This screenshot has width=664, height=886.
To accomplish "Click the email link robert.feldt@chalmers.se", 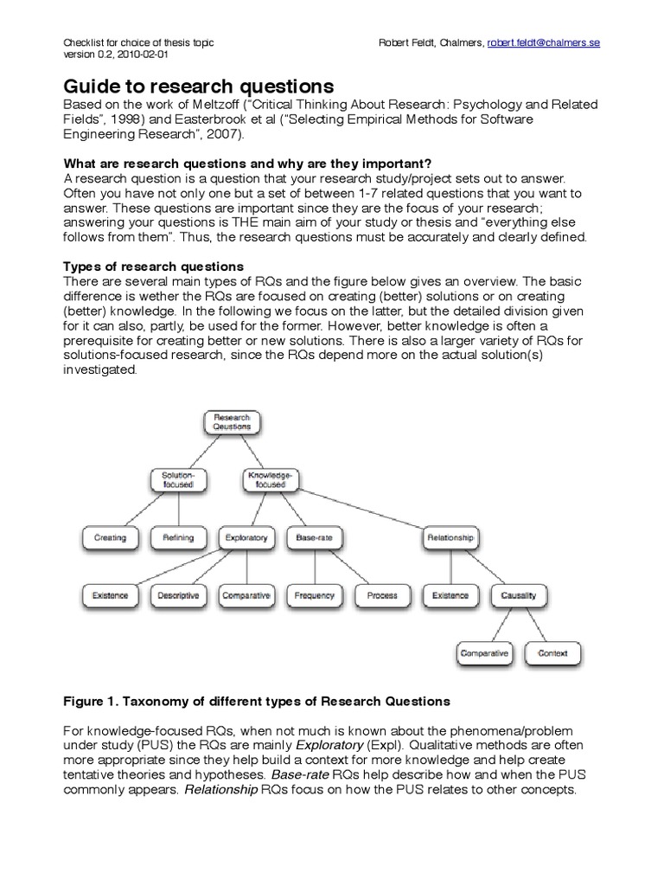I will click(543, 42).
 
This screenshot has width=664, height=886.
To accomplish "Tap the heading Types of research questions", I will click(154, 266).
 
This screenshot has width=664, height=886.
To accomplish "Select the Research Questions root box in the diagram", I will click(232, 421).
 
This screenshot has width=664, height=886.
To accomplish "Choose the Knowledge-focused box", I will click(271, 479).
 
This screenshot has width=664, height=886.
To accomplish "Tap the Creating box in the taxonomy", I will click(110, 537).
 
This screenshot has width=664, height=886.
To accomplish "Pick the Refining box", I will click(179, 537).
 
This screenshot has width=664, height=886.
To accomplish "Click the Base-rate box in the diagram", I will click(314, 537).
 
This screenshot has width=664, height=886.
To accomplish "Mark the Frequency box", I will click(314, 595).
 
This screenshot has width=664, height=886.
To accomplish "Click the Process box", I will click(382, 595).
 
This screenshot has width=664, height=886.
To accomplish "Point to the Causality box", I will click(519, 595).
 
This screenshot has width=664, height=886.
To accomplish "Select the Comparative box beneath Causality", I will click(484, 653).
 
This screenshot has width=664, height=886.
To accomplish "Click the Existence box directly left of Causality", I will click(450, 595).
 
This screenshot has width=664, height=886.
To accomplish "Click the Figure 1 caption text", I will click(258, 699).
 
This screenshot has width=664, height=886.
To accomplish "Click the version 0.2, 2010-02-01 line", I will click(118, 53).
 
